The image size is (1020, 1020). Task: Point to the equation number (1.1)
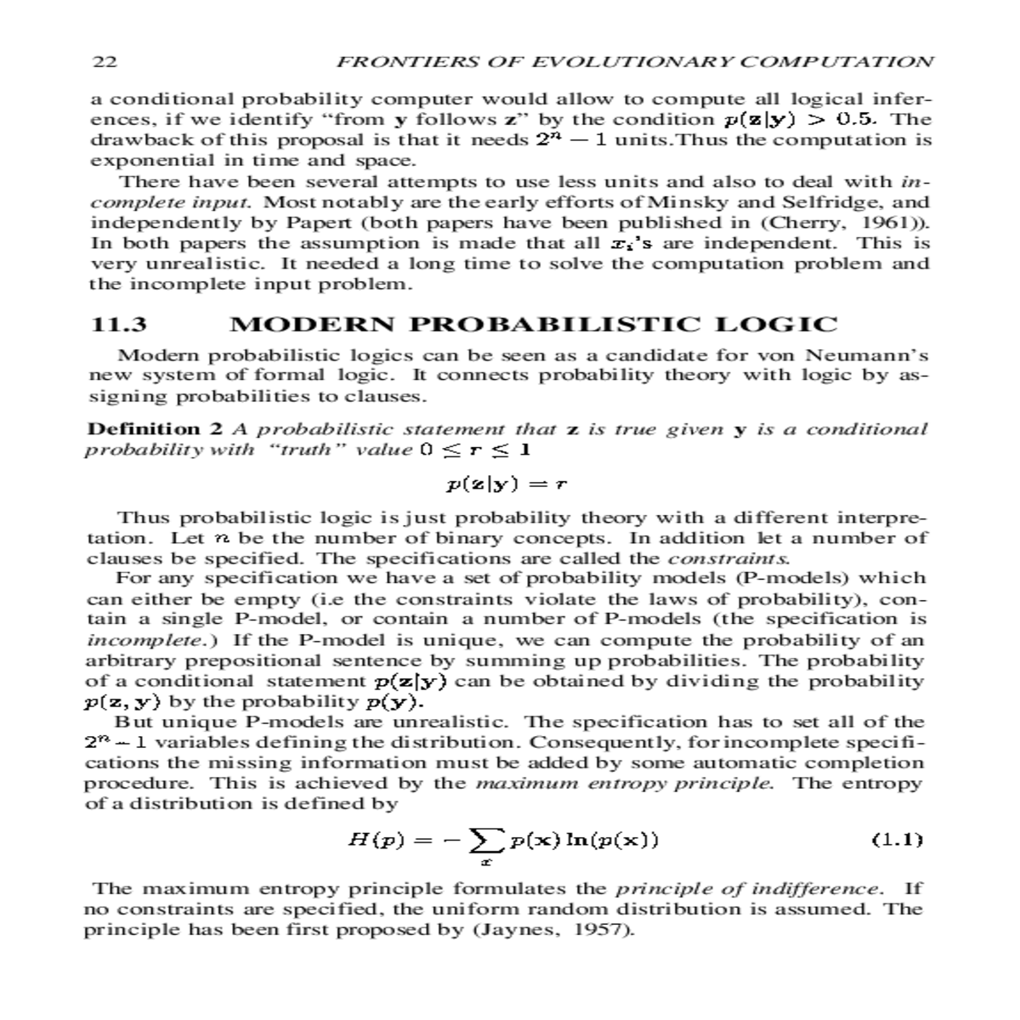897,841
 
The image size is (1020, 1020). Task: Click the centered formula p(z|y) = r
507,484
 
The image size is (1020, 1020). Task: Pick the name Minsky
679,202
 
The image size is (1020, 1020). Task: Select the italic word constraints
729,558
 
